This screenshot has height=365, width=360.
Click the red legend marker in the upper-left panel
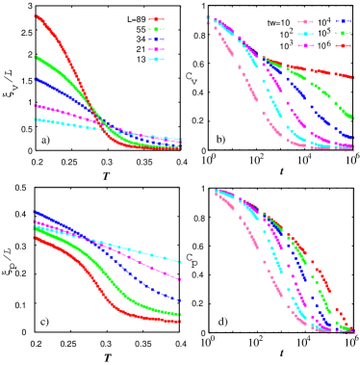pos(157,19)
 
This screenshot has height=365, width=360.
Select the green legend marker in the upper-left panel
pos(157,29)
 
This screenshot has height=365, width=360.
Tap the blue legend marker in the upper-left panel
pos(157,39)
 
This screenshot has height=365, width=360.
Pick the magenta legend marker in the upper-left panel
pos(157,49)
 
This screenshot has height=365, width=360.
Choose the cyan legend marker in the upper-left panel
pos(157,60)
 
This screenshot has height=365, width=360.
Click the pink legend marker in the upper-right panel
pos(306,21)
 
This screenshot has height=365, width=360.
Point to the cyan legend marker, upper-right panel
pos(306,33)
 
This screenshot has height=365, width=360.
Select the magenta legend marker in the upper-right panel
pos(306,45)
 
